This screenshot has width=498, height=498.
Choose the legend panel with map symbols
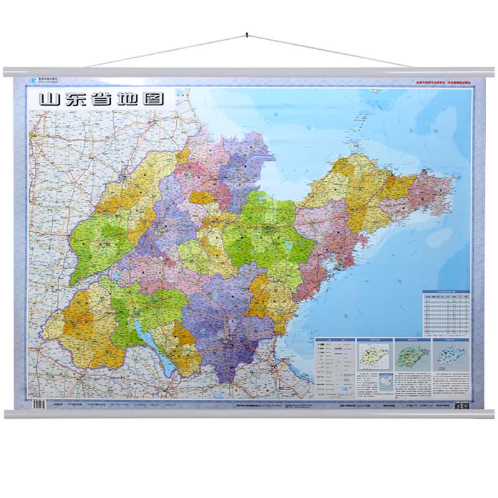334,368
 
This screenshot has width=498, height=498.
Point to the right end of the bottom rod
491,414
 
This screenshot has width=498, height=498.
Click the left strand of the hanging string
168,50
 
